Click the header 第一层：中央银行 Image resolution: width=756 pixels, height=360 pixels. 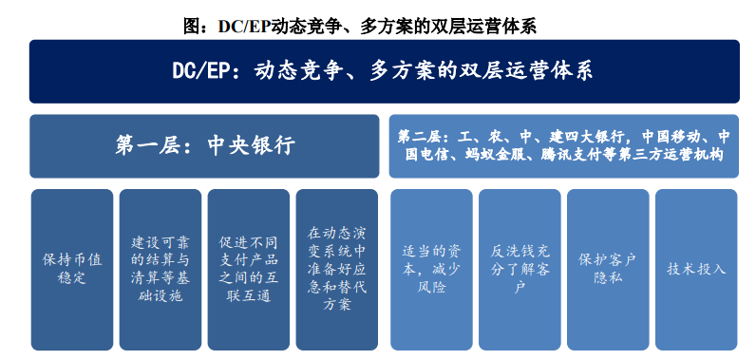pos(204,145)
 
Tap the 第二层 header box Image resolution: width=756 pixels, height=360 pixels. pos(563,145)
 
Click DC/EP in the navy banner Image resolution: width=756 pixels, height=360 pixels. pos(207,71)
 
